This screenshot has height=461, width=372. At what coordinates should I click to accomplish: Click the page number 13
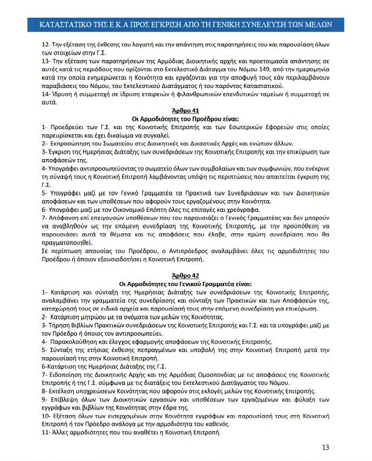(325, 447)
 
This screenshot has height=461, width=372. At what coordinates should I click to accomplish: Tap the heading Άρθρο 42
(186, 276)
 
